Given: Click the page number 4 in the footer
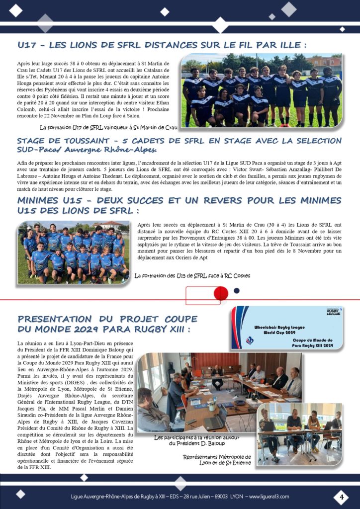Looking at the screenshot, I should click(x=342, y=496).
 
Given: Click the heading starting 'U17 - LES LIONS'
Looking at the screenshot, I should click(x=162, y=45).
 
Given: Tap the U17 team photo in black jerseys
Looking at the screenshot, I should click(x=262, y=90).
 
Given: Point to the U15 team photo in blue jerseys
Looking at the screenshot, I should click(x=73, y=252).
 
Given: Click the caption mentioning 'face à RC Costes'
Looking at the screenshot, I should click(x=192, y=275).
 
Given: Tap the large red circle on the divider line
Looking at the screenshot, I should click(x=220, y=294).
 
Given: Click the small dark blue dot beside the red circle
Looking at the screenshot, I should click(x=236, y=291).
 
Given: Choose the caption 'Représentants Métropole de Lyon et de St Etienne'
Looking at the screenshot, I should click(x=217, y=460).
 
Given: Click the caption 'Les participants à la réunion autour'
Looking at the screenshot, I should click(x=200, y=440).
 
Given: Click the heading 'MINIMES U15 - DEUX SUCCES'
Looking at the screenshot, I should click(x=179, y=204).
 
